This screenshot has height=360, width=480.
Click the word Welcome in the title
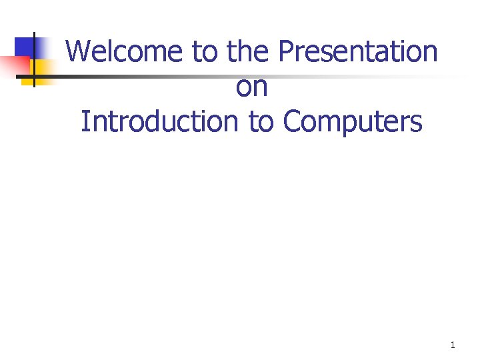pos(125,51)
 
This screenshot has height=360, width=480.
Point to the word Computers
pos(353,121)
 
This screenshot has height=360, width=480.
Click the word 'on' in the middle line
pos(251,87)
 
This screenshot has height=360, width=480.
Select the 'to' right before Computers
pos(261,121)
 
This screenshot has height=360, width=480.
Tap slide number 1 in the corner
pos(453,345)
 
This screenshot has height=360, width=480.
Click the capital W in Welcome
pos(78,51)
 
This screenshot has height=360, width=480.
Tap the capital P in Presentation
pos(285,51)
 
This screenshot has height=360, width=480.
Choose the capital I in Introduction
pos(84,121)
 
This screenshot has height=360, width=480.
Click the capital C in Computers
pos(292,121)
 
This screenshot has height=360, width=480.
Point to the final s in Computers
pos(416,123)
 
